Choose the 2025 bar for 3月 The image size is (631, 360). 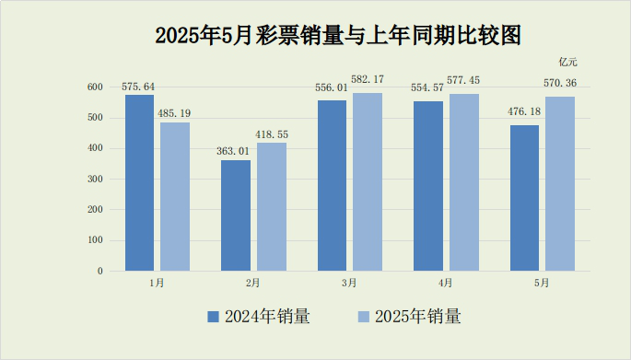tap(368, 181)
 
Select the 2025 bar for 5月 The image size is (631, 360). tap(560, 183)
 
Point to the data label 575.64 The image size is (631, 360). tap(138, 87)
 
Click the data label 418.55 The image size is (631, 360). tap(272, 134)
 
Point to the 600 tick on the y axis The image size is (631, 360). tap(95, 87)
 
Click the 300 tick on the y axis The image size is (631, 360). tap(95, 179)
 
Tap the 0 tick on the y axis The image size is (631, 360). tap(99, 272)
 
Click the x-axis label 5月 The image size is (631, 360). tap(542, 284)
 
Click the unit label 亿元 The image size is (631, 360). tap(567, 62)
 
